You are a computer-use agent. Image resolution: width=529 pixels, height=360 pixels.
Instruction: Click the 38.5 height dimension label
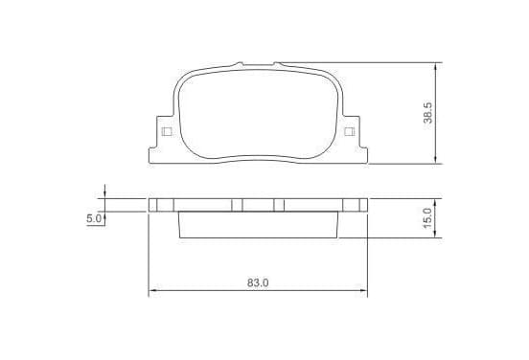[x=427, y=113]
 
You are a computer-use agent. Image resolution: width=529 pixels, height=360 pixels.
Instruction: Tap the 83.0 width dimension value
[x=258, y=282]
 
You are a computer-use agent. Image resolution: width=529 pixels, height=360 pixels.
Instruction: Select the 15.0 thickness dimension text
[x=427, y=218]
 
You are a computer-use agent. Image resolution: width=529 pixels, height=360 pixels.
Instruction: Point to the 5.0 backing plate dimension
[x=94, y=218]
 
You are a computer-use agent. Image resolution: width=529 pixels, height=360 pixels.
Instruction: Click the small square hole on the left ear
[x=167, y=131]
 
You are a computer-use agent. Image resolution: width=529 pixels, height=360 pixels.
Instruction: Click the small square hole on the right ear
[x=349, y=131]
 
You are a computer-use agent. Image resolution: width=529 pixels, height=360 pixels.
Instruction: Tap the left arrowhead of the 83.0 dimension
[x=152, y=290]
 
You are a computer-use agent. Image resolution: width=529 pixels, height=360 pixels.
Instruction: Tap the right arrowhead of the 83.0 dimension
[x=363, y=290]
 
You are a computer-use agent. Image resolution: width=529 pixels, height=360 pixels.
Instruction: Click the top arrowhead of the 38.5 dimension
[x=435, y=66]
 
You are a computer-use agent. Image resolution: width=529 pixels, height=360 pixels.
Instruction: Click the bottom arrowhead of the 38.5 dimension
[x=435, y=160]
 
